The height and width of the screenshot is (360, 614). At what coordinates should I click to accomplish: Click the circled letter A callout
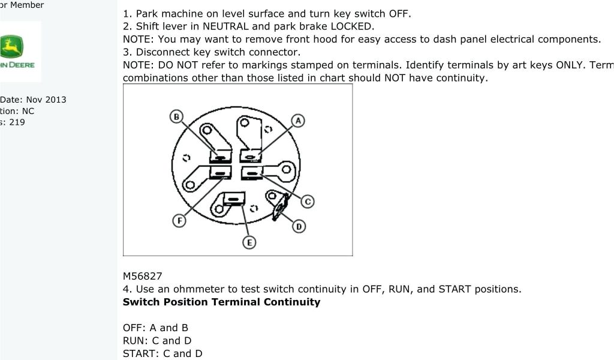pyautogui.click(x=298, y=121)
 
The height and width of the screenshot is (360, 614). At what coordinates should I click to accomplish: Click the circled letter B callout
pyautogui.click(x=176, y=116)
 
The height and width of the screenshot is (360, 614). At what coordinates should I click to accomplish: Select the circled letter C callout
pyautogui.click(x=307, y=202)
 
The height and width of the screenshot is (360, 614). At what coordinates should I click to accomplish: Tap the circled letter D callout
pyautogui.click(x=299, y=226)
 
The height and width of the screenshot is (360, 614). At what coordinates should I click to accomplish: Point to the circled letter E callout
pyautogui.click(x=249, y=242)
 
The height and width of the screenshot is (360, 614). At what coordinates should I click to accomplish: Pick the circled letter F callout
pyautogui.click(x=179, y=220)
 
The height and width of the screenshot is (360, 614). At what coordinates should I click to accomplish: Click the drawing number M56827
pyautogui.click(x=142, y=276)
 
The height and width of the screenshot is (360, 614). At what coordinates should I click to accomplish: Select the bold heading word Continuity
pyautogui.click(x=292, y=302)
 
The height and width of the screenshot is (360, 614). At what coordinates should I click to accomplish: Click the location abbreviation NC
pyautogui.click(x=28, y=111)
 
